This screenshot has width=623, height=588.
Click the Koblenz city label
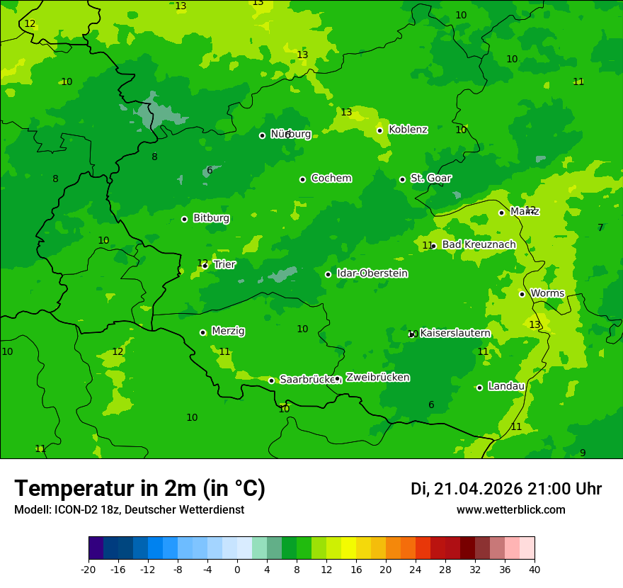(x=408, y=130)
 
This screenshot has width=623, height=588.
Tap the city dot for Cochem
(x=302, y=179)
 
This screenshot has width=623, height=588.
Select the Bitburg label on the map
(x=211, y=218)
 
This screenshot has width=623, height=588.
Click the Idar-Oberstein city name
(x=372, y=273)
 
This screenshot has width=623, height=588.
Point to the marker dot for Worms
(x=522, y=294)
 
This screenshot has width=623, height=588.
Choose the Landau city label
(x=506, y=387)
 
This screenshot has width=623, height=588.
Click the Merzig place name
(x=228, y=332)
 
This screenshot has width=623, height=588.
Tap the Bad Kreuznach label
(x=479, y=245)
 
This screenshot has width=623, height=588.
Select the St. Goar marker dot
(x=402, y=179)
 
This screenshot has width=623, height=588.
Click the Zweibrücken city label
(x=377, y=378)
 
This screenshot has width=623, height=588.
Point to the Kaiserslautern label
(x=455, y=333)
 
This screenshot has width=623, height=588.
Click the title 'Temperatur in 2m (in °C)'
(x=139, y=489)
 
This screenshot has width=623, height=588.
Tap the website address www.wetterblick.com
(x=510, y=510)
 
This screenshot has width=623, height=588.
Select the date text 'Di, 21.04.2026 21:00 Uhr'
(x=506, y=489)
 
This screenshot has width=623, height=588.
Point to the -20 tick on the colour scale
(x=88, y=570)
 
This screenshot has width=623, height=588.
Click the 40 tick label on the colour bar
(x=535, y=570)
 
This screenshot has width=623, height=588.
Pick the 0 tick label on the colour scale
(x=237, y=570)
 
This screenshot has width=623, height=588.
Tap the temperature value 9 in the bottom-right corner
(x=583, y=453)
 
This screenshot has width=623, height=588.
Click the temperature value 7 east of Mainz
(x=600, y=228)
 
